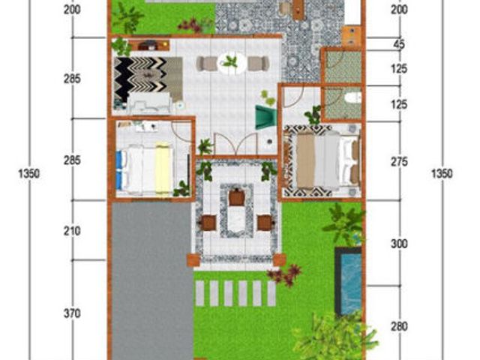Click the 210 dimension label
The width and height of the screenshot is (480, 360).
tap(72, 231)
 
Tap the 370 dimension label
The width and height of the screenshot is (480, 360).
tap(72, 313)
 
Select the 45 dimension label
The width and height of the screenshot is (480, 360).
tap(399, 44)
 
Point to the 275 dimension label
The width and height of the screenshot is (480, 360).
tap(399, 162)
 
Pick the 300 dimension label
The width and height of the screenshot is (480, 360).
tap(399, 244)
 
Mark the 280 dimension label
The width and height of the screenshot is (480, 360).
tap(399, 327)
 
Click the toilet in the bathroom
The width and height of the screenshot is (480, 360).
tap(352, 97)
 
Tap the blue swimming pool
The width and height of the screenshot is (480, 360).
tap(349, 281)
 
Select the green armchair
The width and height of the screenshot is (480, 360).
tap(265, 117)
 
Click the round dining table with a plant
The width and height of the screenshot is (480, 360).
tap(232, 63)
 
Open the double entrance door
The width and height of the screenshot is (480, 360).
tap(235, 143)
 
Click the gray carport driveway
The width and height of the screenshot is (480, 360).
tap(152, 280)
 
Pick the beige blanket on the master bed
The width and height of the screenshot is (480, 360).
tap(305, 160)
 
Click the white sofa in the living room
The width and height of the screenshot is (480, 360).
tap(150, 103)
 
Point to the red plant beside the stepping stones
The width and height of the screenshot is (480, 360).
tap(285, 275)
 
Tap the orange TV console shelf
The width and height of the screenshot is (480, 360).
tap(149, 45)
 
